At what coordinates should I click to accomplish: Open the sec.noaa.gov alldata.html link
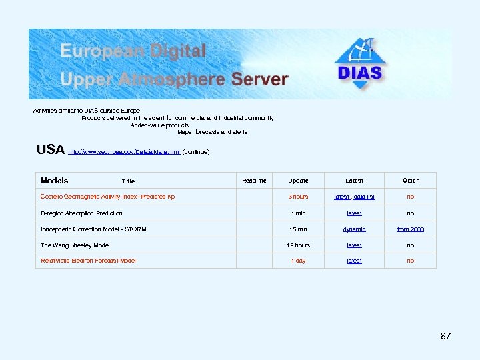[x=124, y=152]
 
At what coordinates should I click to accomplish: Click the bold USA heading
[x=51, y=150]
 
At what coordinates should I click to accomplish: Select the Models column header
[x=54, y=181]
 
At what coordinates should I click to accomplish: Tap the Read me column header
[x=254, y=181]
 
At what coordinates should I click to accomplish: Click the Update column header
[x=298, y=181]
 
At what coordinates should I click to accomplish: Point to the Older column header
[x=410, y=181]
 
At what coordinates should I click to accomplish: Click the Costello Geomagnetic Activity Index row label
[x=107, y=197]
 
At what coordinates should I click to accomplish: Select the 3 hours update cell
[x=298, y=197]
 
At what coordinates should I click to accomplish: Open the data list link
[x=364, y=197]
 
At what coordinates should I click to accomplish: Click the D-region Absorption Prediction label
[x=81, y=213]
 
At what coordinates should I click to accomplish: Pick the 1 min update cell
[x=298, y=213]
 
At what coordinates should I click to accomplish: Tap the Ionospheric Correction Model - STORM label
[x=93, y=229]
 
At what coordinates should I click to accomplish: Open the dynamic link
[x=354, y=229]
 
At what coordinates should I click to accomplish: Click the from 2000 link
[x=410, y=229]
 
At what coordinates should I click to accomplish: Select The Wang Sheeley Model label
[x=75, y=245]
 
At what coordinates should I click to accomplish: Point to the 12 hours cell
[x=298, y=245]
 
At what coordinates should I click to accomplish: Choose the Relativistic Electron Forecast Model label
[x=88, y=261]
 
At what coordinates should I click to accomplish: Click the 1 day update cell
[x=298, y=261]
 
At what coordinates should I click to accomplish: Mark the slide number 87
[x=445, y=336]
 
